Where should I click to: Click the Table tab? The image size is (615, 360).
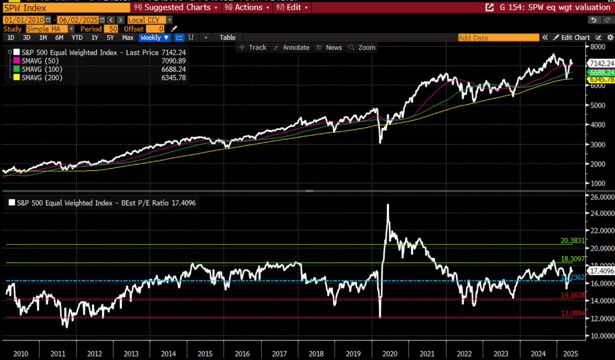[228, 37]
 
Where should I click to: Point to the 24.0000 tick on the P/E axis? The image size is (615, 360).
[597, 213]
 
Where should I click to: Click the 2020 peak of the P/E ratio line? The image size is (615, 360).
[387, 205]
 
